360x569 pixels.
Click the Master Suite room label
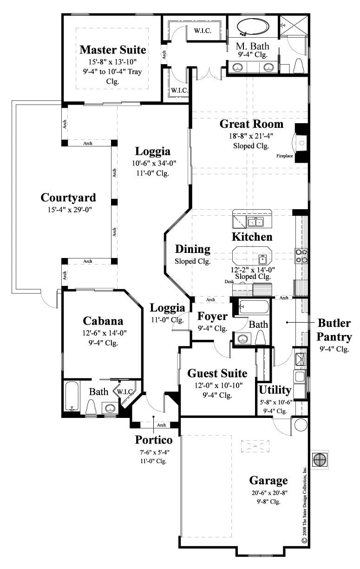coord(112,50)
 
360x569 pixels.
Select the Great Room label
coord(251,124)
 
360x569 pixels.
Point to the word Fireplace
coord(285,156)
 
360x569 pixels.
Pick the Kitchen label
coord(252,237)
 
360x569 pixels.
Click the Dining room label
coord(192,249)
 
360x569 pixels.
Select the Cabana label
coord(103,321)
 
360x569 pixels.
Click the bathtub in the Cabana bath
coord(72,397)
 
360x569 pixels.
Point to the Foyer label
coord(212,317)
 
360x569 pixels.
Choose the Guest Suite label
coord(217,373)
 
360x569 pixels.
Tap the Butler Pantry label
coord(334,330)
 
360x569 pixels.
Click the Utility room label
coord(275,390)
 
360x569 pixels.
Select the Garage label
coord(268,480)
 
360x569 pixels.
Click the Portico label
coord(154,440)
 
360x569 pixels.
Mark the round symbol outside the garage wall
coord(320,459)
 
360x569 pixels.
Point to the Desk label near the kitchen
coord(229,282)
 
